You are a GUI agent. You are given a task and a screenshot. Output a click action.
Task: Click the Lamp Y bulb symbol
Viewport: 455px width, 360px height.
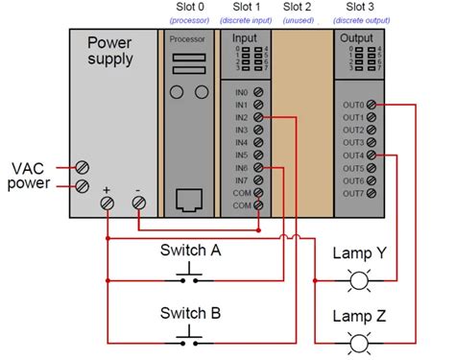[x=360, y=281]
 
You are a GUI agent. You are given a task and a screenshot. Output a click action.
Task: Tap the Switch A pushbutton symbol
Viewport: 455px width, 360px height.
[x=188, y=279]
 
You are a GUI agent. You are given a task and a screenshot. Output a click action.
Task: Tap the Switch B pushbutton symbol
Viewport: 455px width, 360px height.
[x=188, y=340]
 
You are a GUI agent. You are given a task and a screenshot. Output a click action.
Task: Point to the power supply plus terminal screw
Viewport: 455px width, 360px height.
[x=108, y=203]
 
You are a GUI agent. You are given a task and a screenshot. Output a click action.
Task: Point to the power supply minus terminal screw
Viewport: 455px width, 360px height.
[x=138, y=203]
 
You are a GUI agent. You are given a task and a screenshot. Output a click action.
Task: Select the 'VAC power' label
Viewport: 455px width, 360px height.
[x=30, y=175]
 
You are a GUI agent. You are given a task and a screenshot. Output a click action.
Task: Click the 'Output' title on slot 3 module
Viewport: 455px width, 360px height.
[x=356, y=38]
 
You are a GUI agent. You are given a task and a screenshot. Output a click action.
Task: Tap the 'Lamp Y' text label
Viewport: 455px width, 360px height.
[x=360, y=253]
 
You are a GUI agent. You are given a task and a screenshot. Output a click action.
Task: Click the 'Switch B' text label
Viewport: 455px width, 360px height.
[x=190, y=313]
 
